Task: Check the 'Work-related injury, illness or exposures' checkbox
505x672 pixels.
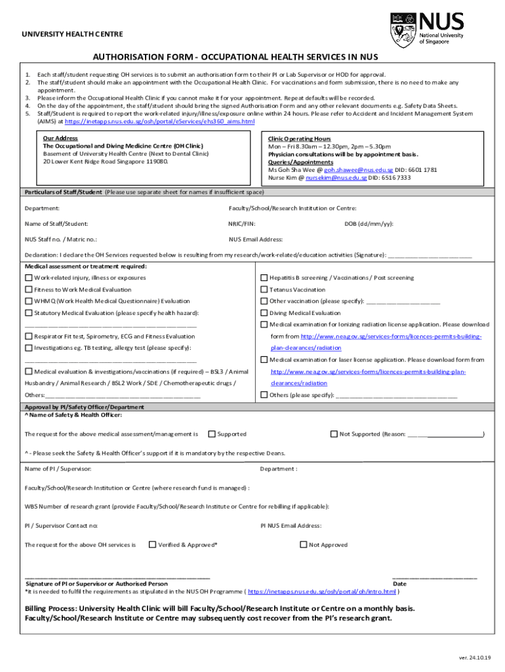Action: pyautogui.click(x=28, y=278)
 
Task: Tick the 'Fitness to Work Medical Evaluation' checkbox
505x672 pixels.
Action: pyautogui.click(x=28, y=289)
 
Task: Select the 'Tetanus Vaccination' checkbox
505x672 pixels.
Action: pyautogui.click(x=264, y=289)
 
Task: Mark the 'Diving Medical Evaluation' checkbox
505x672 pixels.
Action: pyautogui.click(x=264, y=313)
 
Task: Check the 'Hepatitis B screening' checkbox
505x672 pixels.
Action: pyautogui.click(x=264, y=278)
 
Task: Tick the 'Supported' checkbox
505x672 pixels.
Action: pyautogui.click(x=212, y=434)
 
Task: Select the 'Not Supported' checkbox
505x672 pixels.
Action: pyautogui.click(x=334, y=434)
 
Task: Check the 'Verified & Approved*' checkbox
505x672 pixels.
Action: pyautogui.click(x=152, y=545)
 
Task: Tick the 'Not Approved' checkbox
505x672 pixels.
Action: pyautogui.click(x=304, y=545)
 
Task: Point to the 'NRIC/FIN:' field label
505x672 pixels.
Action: pyautogui.click(x=242, y=224)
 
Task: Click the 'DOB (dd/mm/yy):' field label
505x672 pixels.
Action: pyautogui.click(x=369, y=224)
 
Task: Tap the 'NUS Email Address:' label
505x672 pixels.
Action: pyautogui.click(x=255, y=240)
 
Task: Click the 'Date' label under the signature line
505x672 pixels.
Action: pyautogui.click(x=399, y=583)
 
